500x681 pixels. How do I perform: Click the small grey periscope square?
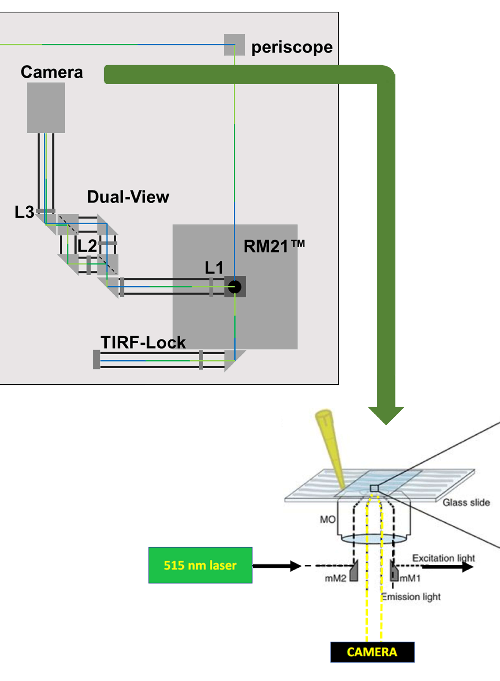point(234,45)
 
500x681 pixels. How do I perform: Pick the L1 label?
point(214,268)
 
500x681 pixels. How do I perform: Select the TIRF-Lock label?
point(143,342)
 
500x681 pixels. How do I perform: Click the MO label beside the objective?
point(328,520)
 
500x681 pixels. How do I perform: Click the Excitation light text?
point(443,558)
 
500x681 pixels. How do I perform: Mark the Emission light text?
point(411,597)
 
